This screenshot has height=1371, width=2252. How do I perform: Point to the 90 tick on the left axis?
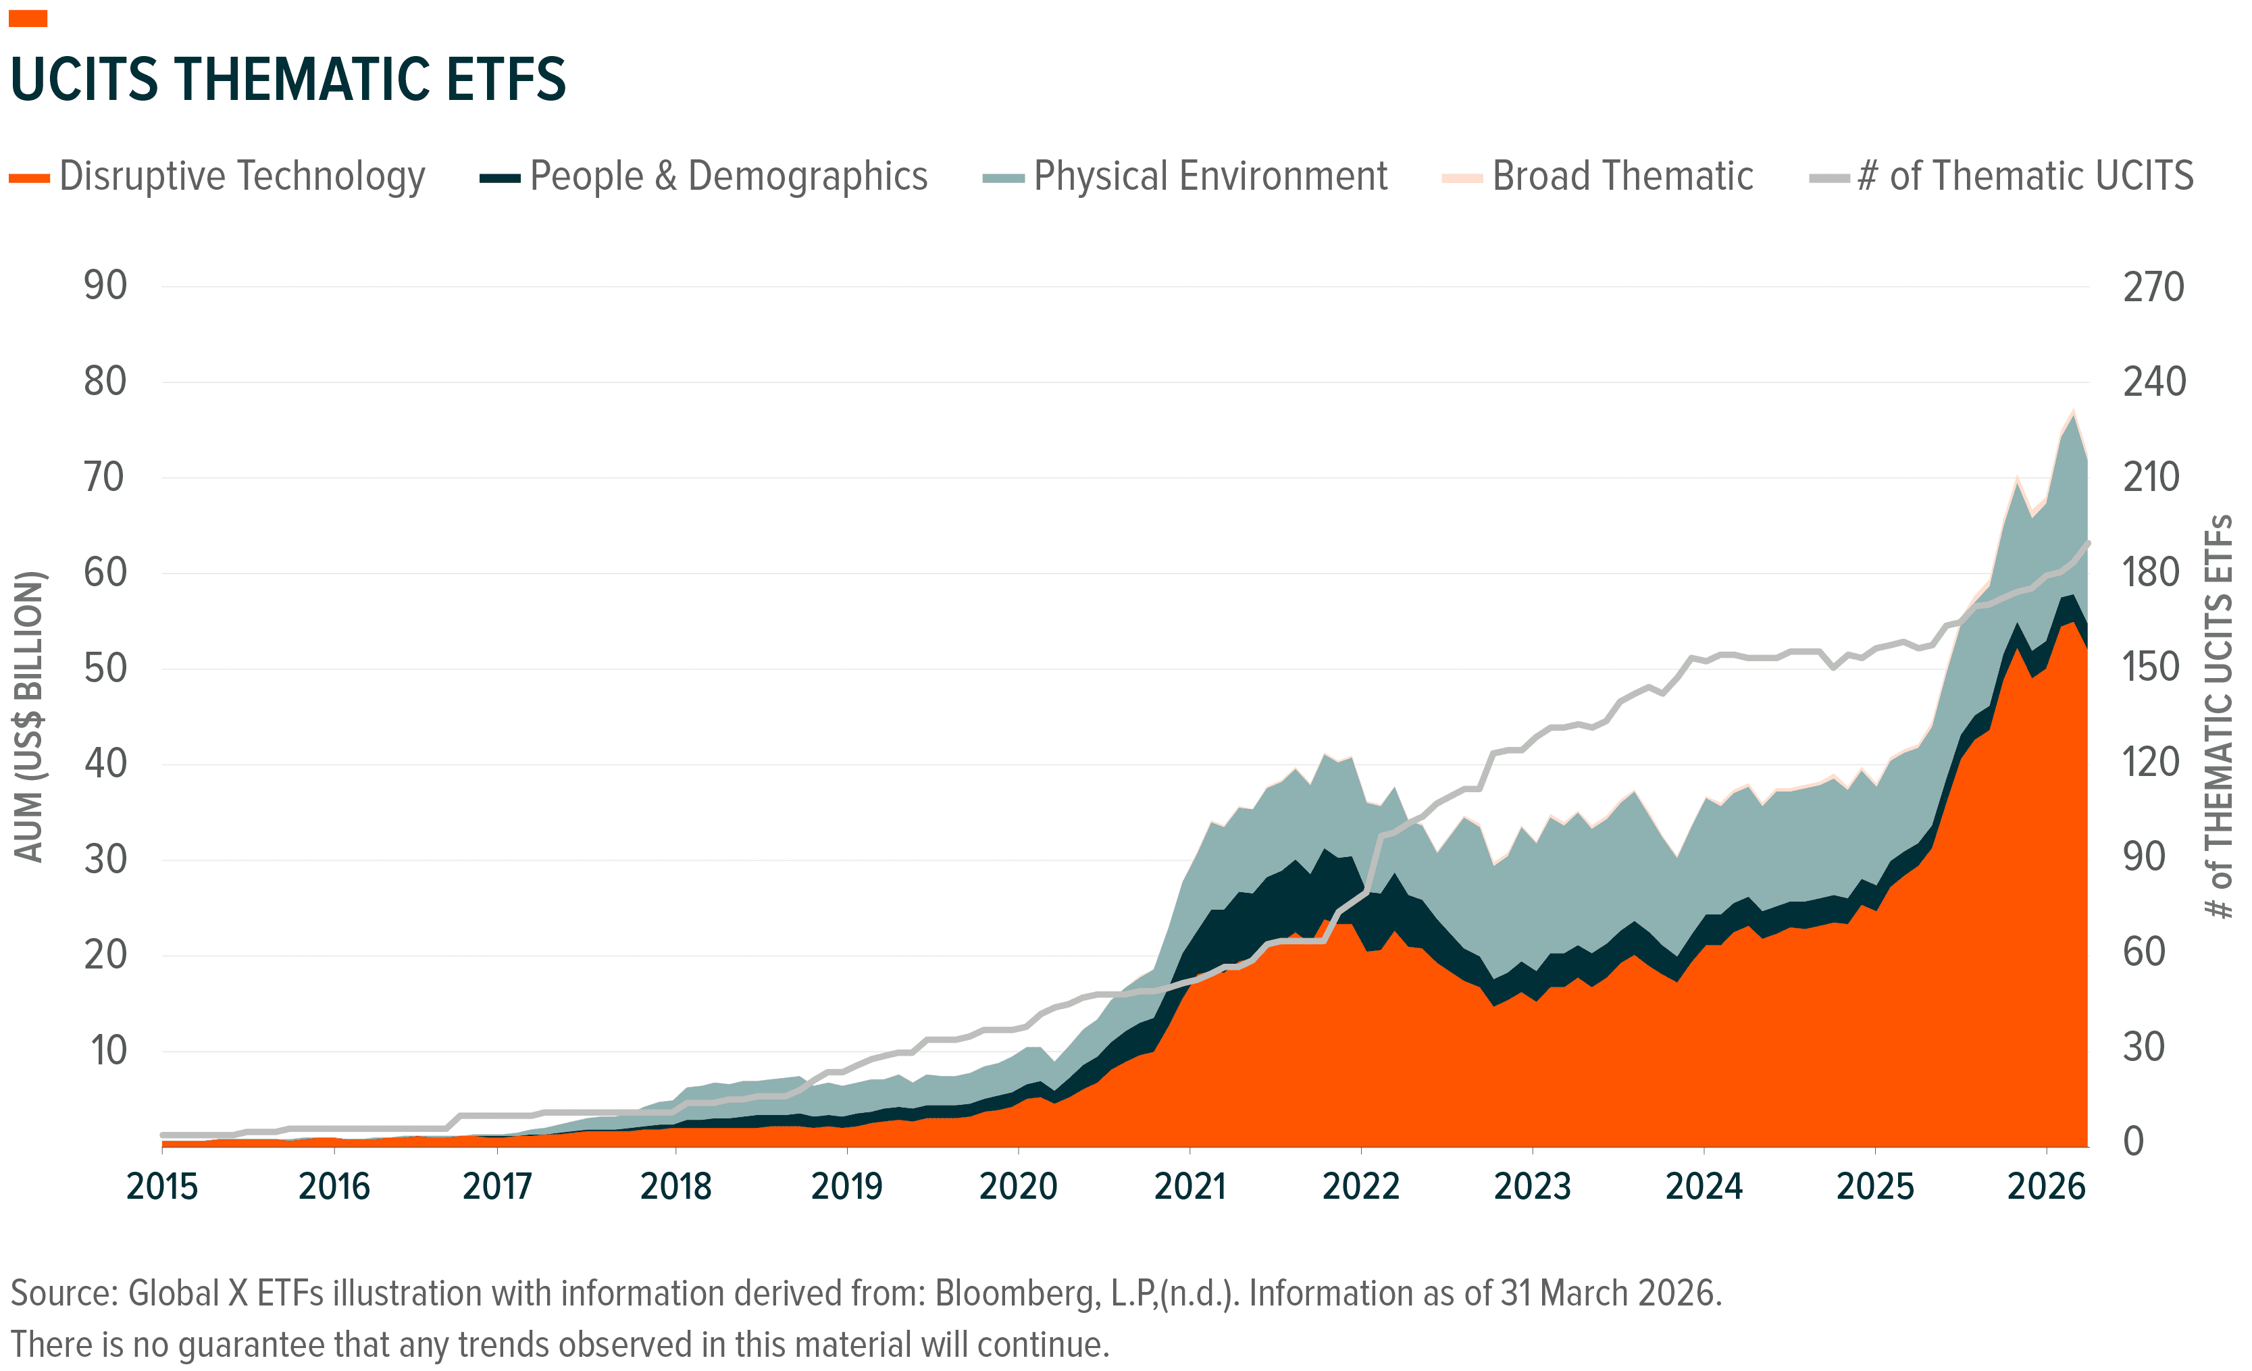105,286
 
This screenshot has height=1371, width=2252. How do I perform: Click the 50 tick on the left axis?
105,668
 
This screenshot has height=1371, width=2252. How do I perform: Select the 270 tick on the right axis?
2153,287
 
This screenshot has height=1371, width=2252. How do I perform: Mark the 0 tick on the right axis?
2133,1141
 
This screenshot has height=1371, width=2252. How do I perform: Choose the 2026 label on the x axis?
2045,1187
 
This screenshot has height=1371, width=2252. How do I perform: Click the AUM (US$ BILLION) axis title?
29,716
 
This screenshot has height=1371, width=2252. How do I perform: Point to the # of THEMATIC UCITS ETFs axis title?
2219,716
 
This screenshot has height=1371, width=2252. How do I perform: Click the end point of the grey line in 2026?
2087,544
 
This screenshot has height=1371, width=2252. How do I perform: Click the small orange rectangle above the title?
28,18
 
